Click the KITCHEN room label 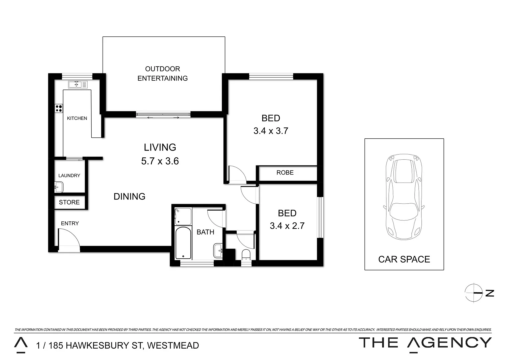click(x=77, y=118)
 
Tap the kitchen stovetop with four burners click(x=59, y=108)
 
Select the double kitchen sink click(x=77, y=84)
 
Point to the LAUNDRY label click(x=69, y=176)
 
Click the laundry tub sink click(x=59, y=187)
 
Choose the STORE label click(x=69, y=202)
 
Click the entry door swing click(x=68, y=239)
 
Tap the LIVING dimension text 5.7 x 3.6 click(x=160, y=161)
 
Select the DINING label click(x=129, y=197)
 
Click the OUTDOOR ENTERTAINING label click(x=163, y=74)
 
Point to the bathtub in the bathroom click(x=183, y=243)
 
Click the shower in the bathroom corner click(x=183, y=216)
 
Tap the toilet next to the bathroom click(x=246, y=255)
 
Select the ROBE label click(x=285, y=173)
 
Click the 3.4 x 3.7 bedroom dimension click(x=271, y=131)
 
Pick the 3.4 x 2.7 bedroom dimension click(x=287, y=226)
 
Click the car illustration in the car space click(x=404, y=197)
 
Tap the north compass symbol click(x=474, y=293)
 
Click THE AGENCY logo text click(x=425, y=343)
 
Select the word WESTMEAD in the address click(x=173, y=346)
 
